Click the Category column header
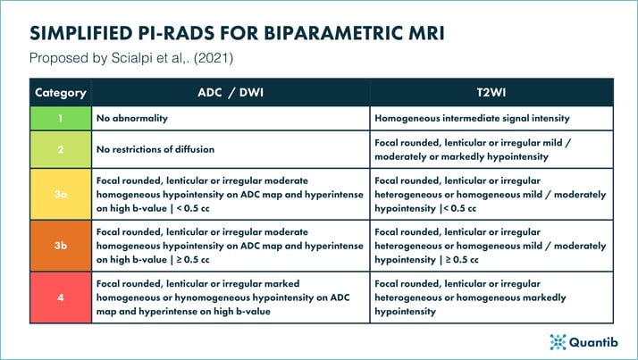[60, 92]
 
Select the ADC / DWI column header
[231, 92]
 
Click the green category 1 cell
[60, 118]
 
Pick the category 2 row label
[60, 149]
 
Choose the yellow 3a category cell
[60, 194]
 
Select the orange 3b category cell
[60, 245]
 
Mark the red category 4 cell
[60, 297]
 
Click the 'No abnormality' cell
[231, 118]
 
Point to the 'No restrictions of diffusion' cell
[231, 149]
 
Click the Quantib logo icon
[558, 341]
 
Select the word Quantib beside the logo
[593, 341]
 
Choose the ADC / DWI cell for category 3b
[231, 245]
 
